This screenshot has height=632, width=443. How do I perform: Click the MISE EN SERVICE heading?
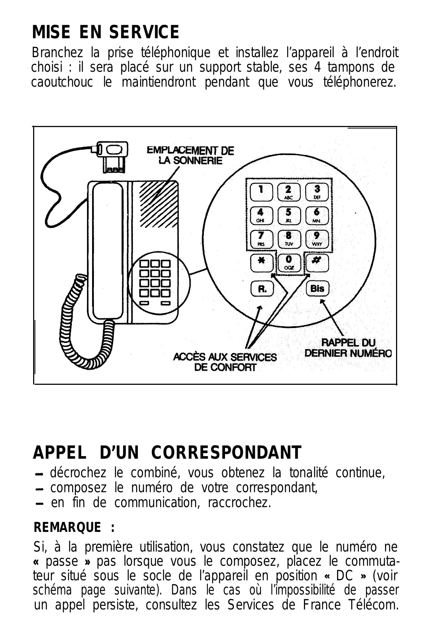(106, 32)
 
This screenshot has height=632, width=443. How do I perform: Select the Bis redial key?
(317, 289)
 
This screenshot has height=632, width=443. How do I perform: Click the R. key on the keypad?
(262, 289)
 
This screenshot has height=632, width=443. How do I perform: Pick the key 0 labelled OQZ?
(289, 263)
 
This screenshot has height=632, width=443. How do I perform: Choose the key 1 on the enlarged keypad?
(261, 191)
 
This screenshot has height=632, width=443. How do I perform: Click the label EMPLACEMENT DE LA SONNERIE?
(190, 155)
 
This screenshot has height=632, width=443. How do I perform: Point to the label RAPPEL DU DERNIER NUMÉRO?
(348, 348)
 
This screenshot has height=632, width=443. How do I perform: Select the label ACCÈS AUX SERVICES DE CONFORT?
(225, 362)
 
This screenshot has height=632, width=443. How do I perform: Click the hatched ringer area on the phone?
(157, 197)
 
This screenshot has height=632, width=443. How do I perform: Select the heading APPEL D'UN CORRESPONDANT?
(167, 453)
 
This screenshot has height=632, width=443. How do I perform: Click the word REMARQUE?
(67, 527)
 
